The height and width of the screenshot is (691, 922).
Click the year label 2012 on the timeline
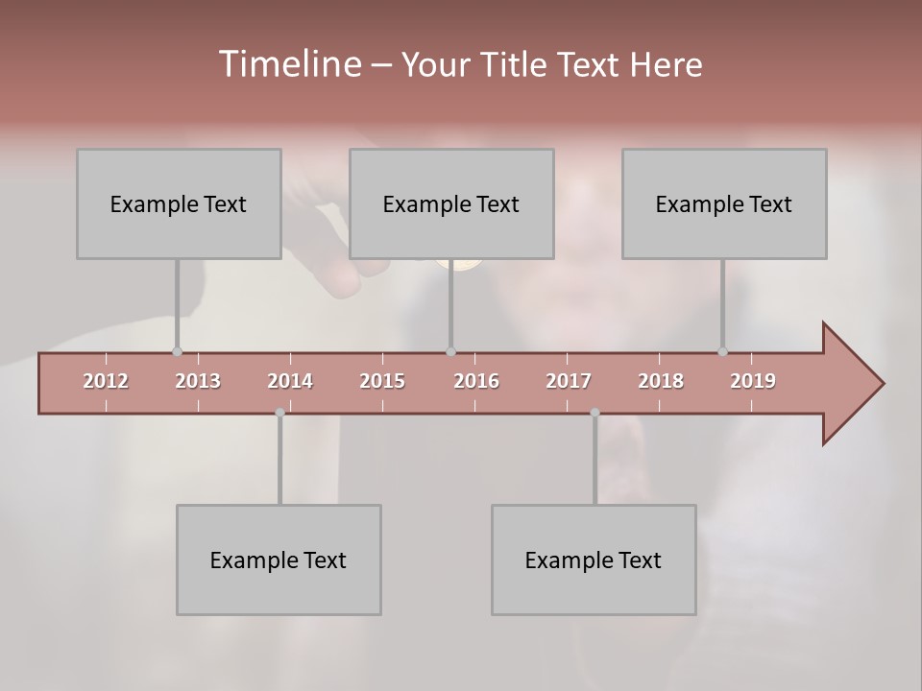(x=106, y=381)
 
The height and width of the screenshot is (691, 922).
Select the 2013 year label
(x=198, y=381)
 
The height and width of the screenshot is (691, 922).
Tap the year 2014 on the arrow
(x=290, y=381)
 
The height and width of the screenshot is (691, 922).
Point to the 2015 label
(x=382, y=381)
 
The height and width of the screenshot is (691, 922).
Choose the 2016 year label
(x=476, y=381)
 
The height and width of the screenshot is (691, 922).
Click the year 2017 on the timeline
(x=569, y=381)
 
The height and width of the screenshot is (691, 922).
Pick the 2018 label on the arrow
(x=661, y=381)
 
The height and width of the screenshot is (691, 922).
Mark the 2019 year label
(x=753, y=381)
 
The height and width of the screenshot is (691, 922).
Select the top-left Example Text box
(x=179, y=203)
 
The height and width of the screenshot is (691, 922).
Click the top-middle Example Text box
(x=451, y=203)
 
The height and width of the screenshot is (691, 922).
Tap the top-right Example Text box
(x=724, y=203)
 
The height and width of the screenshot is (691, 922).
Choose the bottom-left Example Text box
(x=279, y=560)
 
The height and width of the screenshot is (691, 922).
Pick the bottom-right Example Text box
(x=594, y=560)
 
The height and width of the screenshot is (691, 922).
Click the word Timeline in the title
(x=289, y=64)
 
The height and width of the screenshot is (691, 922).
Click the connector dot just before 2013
(x=177, y=351)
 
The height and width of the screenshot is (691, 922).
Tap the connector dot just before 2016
(x=450, y=351)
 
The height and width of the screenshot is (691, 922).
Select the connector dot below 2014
(x=279, y=413)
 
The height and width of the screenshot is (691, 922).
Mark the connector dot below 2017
(x=594, y=413)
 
